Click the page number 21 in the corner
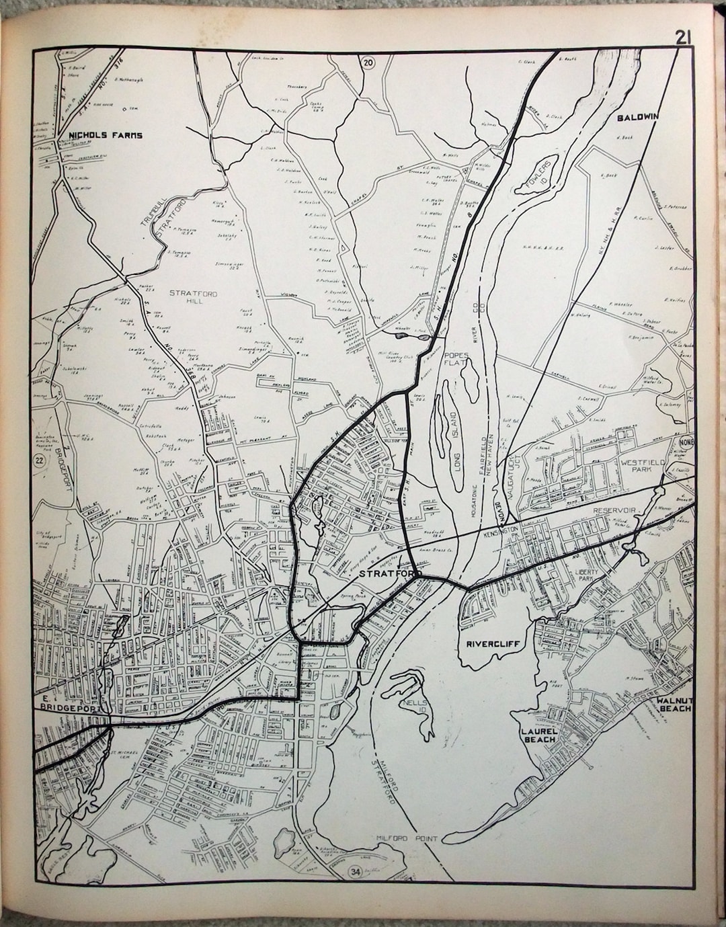[x=684, y=38]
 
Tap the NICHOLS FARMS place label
[x=106, y=135]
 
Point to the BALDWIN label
[x=638, y=117]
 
